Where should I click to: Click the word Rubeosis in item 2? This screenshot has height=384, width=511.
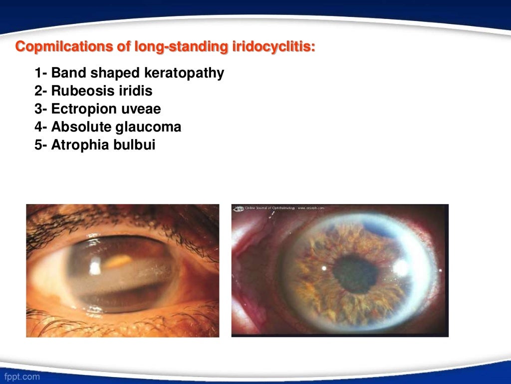tap(80, 91)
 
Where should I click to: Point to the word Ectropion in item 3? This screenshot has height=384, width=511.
tap(83, 109)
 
